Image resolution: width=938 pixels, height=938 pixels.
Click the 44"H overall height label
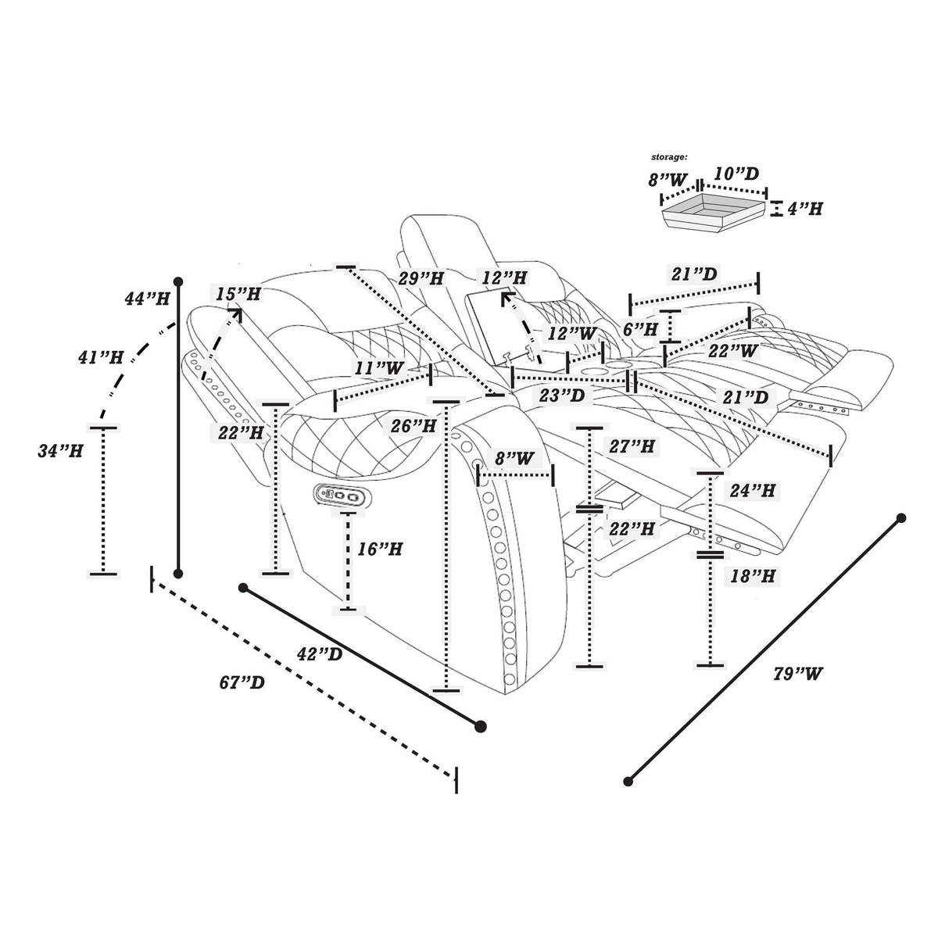point(147,298)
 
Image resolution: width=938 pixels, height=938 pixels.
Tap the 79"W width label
point(798,674)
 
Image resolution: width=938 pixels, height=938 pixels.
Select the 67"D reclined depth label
point(242,682)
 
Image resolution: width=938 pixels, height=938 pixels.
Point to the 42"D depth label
point(320,654)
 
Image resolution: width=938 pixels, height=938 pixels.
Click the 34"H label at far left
point(60,451)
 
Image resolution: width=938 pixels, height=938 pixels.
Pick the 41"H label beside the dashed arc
point(101,358)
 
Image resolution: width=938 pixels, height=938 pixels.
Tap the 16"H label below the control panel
point(380,550)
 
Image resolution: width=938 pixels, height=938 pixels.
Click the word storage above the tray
point(669,157)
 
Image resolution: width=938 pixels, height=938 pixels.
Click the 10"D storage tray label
point(736,174)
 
